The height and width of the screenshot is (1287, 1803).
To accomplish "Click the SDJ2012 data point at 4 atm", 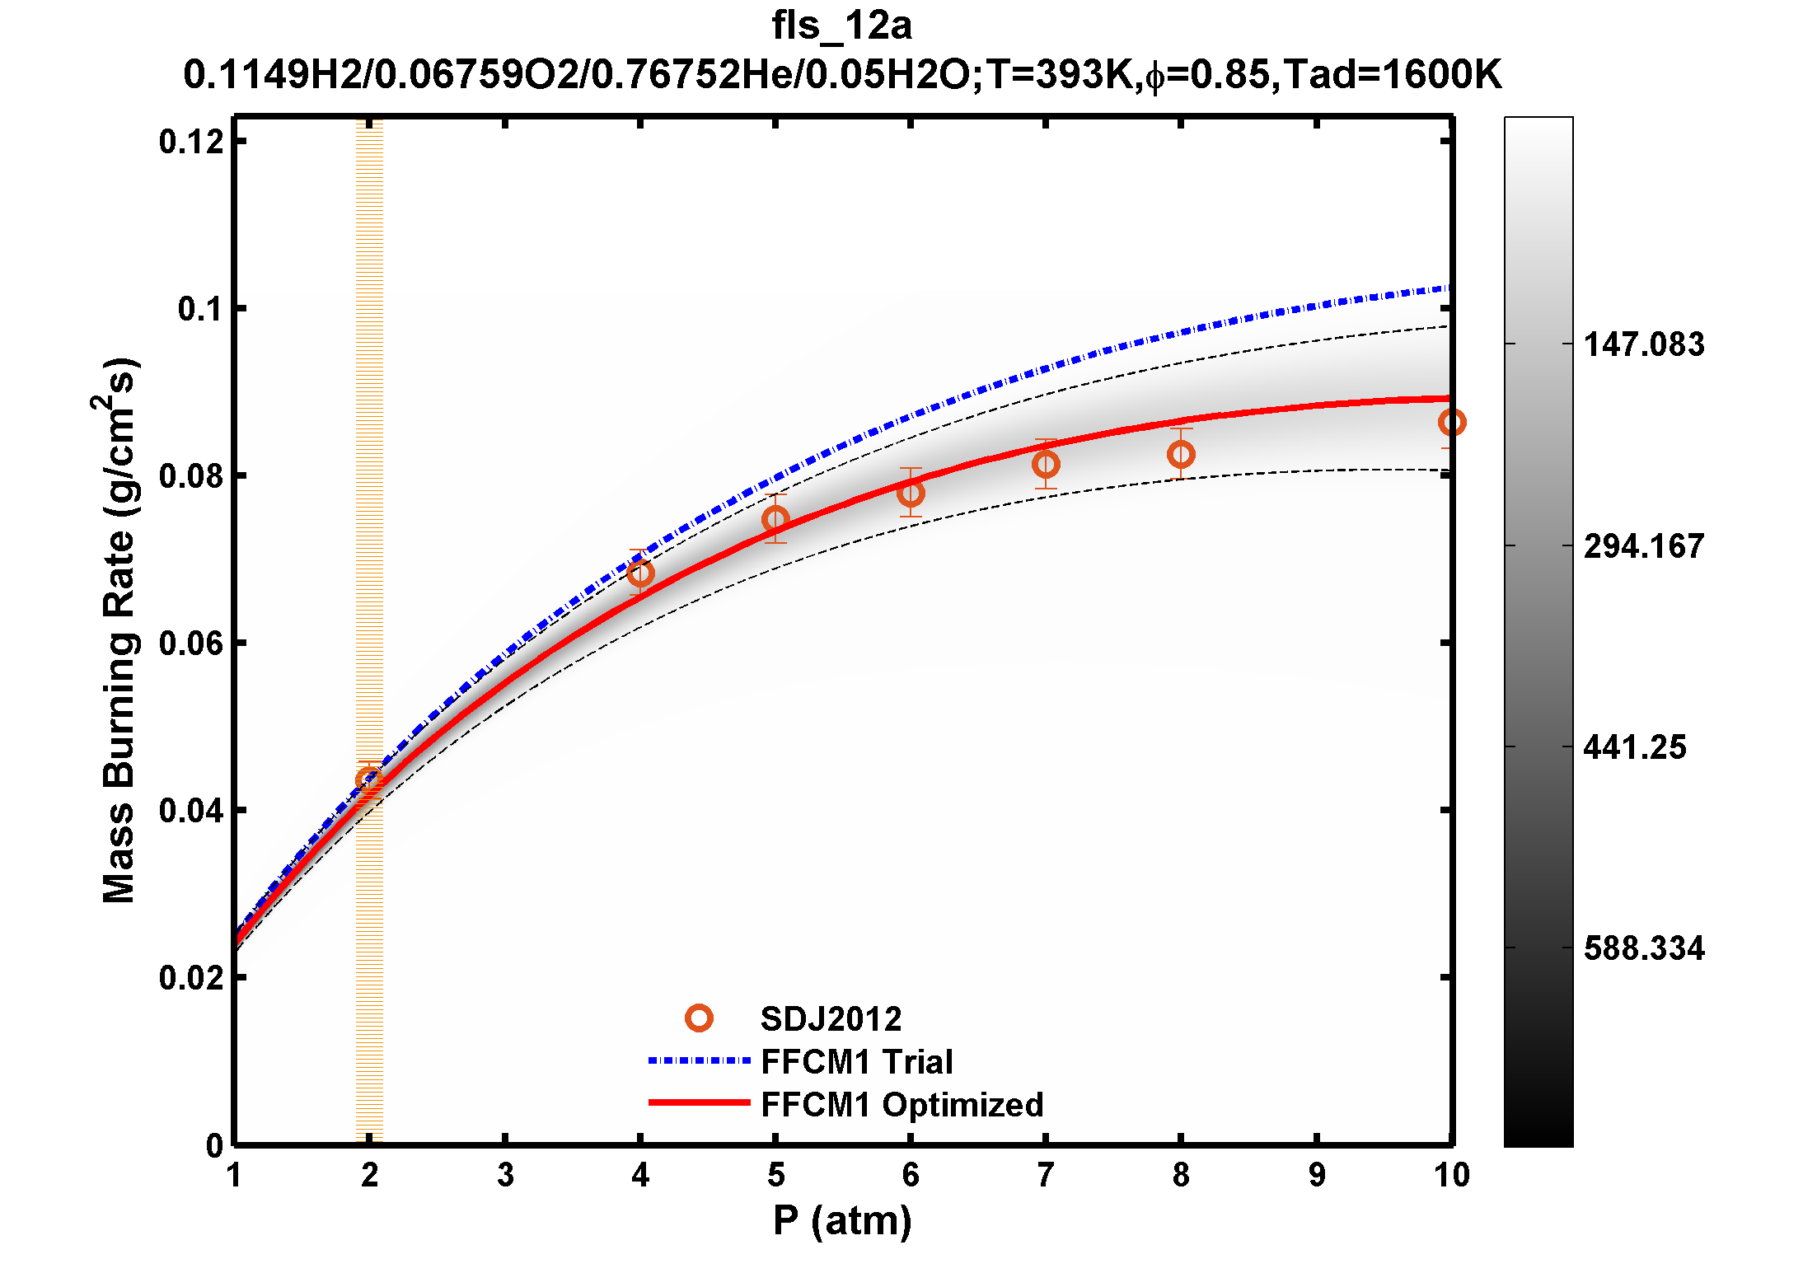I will tap(640, 573).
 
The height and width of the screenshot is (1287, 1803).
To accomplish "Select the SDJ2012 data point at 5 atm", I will tap(775, 519).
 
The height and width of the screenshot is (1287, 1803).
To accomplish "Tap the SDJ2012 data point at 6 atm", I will tap(911, 493).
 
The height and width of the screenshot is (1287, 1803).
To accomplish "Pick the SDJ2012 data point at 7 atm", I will tap(1046, 465).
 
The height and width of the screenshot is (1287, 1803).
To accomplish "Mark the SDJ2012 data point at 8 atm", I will tap(1181, 454).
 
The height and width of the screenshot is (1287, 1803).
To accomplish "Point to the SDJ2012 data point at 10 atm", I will tap(1451, 423).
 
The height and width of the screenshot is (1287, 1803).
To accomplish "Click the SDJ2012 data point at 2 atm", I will tap(369, 779).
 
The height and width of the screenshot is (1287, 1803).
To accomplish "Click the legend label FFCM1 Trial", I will tap(857, 1062).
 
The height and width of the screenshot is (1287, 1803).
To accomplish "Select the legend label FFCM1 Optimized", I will tap(902, 1105).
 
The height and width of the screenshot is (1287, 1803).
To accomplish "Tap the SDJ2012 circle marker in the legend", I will tap(699, 1018).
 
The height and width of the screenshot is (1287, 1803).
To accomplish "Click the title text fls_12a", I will tap(841, 26).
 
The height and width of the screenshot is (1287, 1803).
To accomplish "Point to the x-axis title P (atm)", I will tap(842, 1220).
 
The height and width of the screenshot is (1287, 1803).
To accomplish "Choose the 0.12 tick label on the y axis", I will tap(192, 142).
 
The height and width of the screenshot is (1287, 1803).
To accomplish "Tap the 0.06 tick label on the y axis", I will tap(192, 643).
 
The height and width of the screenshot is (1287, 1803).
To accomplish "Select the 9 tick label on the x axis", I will tap(1317, 1175).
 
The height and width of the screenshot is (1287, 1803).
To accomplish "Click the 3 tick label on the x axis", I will tap(505, 1175).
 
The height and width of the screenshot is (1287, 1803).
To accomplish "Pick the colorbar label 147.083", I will tap(1644, 344).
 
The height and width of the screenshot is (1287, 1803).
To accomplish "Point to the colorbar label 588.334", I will tap(1644, 948).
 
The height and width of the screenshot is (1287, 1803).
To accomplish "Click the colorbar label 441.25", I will tap(1635, 747).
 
